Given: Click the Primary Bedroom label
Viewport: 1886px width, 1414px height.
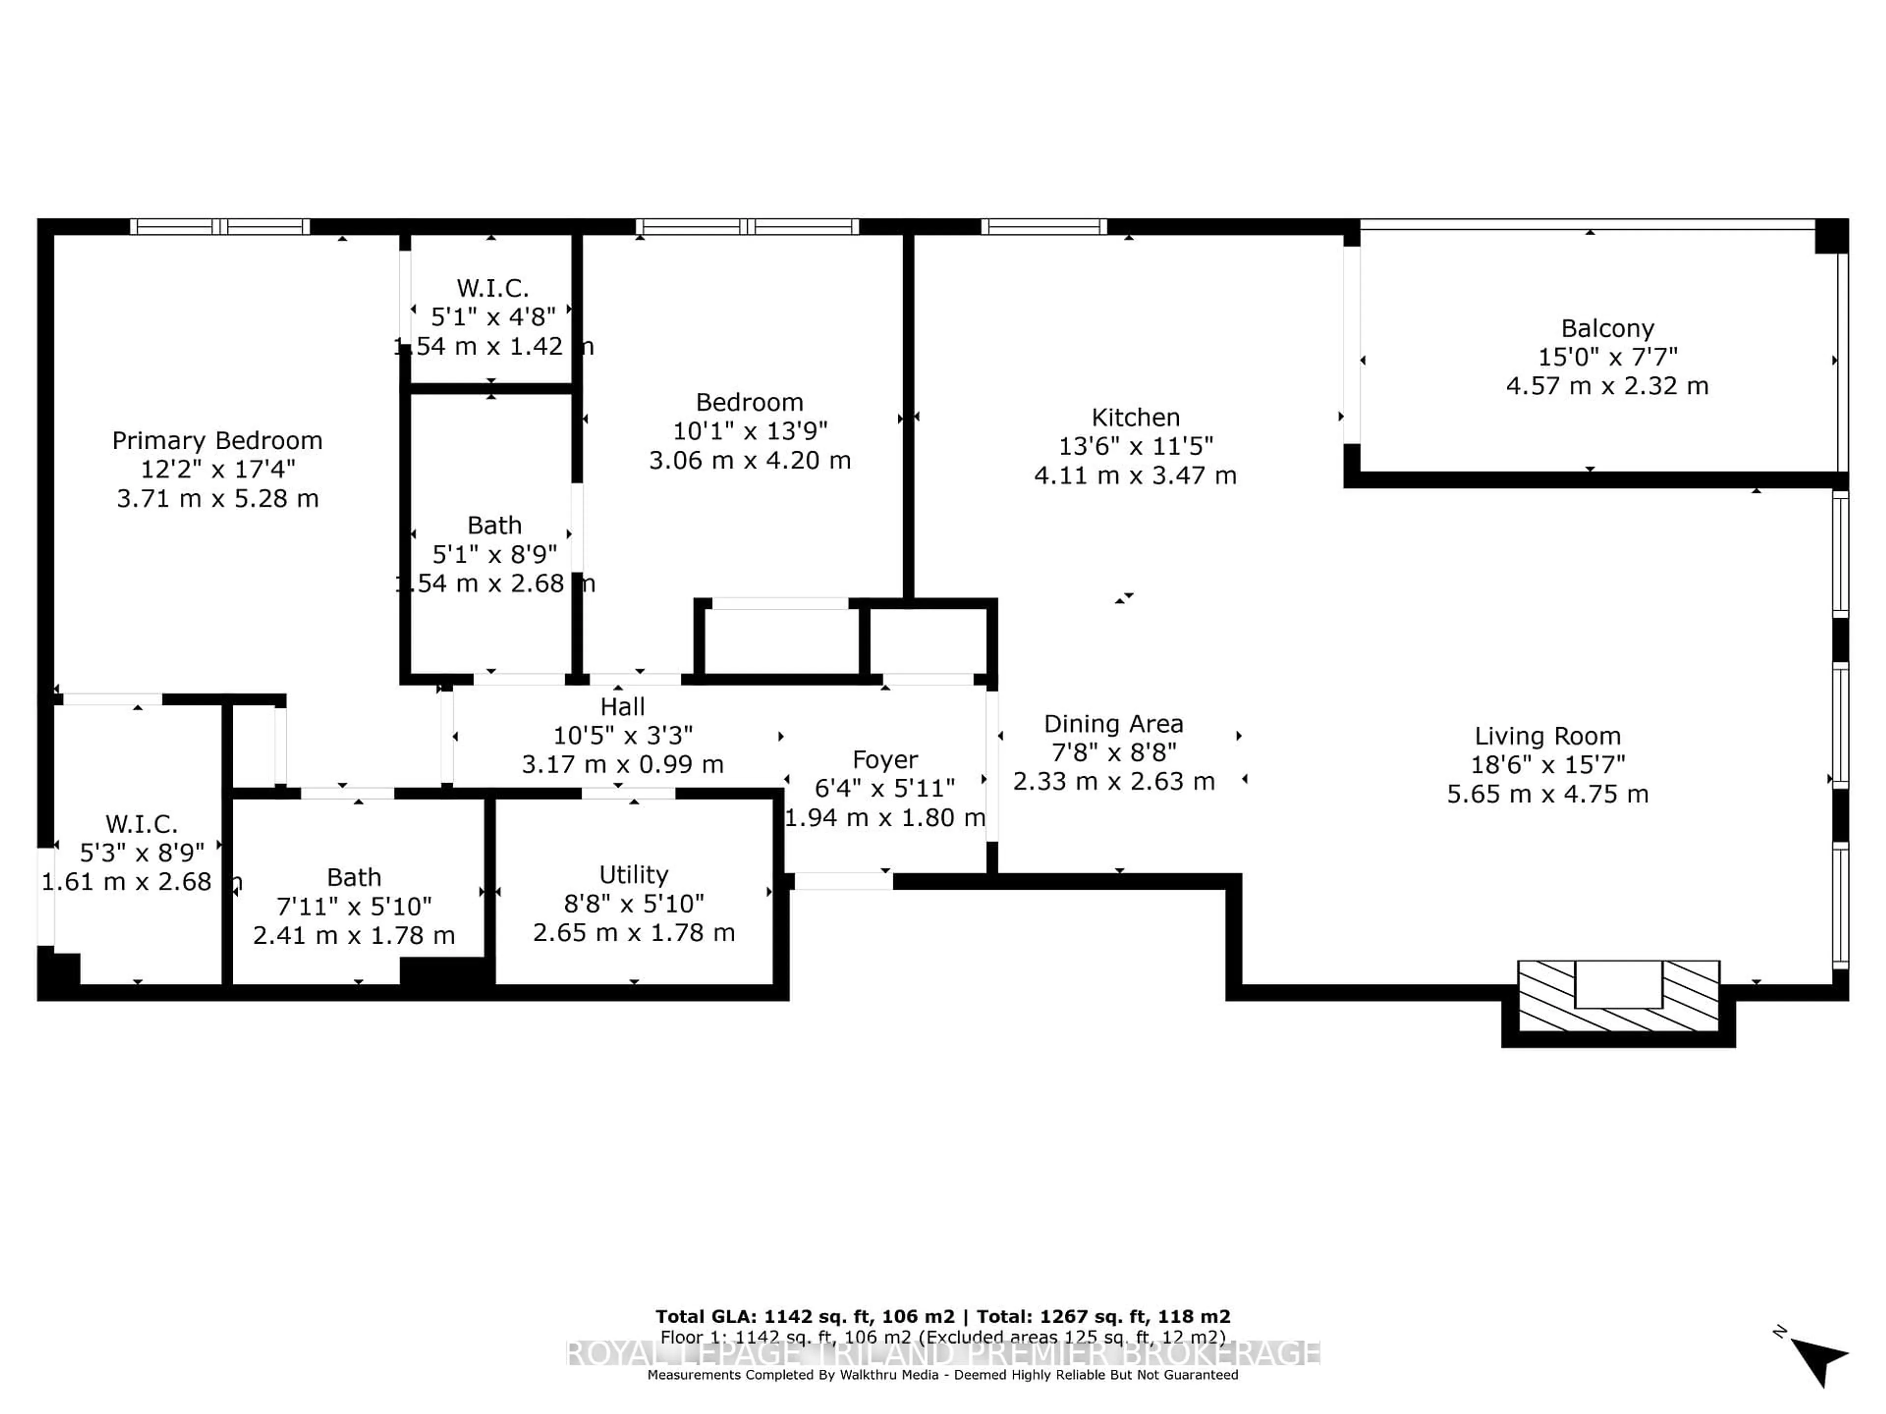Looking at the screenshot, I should click(218, 441).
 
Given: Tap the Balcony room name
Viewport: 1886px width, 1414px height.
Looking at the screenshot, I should click(1607, 328).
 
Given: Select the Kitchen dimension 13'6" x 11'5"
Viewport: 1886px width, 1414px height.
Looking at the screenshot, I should click(1135, 446).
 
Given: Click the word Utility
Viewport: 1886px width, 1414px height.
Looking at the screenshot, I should click(634, 874).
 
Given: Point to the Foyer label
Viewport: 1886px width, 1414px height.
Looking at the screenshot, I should click(885, 760).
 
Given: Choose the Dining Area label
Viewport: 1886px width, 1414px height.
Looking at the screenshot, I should click(1113, 724).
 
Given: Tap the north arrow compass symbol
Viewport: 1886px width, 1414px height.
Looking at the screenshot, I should click(1820, 1361).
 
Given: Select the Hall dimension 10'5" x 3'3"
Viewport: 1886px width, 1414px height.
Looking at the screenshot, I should click(622, 734).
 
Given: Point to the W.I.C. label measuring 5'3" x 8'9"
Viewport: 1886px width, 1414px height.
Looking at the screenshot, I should click(141, 824).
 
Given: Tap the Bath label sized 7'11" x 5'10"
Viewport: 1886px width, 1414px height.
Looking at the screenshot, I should click(354, 877).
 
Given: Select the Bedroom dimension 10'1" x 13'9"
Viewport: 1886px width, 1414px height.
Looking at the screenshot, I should click(749, 431).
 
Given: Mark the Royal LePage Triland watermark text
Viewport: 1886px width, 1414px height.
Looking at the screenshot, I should click(942, 1354).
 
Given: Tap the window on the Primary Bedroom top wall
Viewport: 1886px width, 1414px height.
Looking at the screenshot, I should click(220, 227).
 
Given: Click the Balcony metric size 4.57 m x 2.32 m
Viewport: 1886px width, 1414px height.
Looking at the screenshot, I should click(1607, 386).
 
